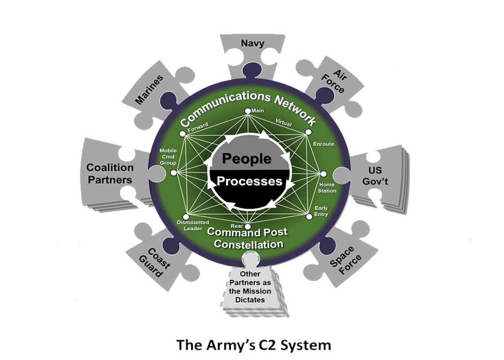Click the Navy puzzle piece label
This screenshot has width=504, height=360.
click(249, 43)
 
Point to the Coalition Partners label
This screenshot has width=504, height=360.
click(110, 173)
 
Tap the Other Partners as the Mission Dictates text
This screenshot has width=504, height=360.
click(249, 286)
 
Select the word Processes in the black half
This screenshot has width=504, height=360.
click(249, 181)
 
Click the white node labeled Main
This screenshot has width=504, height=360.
click(248, 111)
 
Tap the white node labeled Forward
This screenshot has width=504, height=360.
click(182, 134)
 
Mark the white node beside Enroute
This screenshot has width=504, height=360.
click(308, 132)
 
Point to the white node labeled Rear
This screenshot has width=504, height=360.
click(248, 227)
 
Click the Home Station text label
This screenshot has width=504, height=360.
click(328, 188)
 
